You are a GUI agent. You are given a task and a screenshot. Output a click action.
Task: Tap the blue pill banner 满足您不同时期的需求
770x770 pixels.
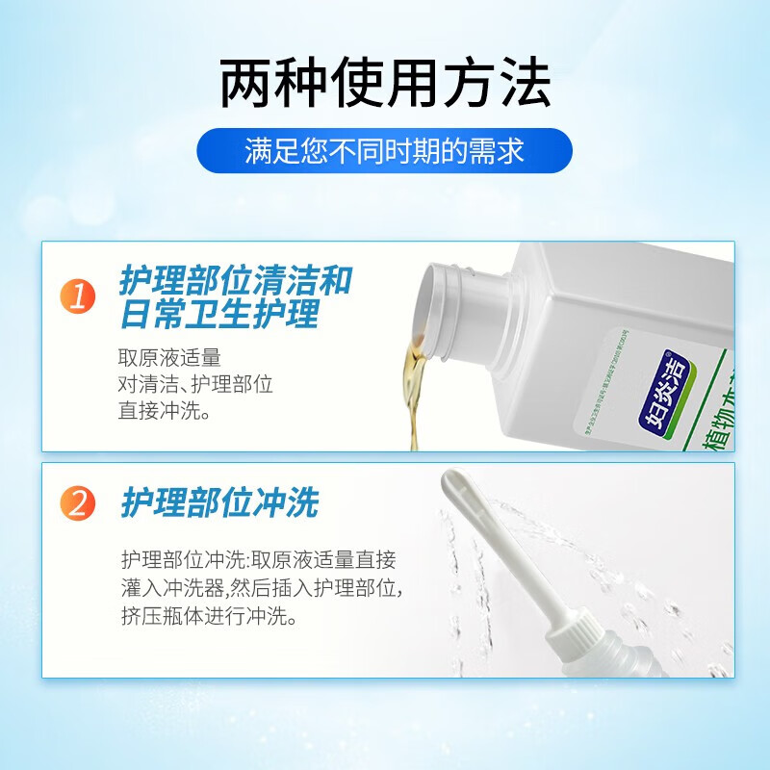[385, 151]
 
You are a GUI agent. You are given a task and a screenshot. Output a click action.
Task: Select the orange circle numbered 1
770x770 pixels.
[79, 296]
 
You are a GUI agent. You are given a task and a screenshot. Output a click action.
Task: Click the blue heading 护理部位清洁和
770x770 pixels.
[236, 281]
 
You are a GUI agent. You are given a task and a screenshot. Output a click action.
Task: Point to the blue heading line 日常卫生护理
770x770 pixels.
[219, 315]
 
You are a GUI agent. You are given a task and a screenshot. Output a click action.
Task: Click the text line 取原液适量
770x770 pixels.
[169, 358]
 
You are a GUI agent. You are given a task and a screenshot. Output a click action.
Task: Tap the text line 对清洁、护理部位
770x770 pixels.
[196, 384]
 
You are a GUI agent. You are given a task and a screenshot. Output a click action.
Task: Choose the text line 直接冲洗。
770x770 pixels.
[164, 410]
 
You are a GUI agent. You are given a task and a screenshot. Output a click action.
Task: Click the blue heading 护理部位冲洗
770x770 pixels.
[219, 502]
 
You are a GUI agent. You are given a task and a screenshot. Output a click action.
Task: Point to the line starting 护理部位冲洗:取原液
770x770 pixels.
[259, 560]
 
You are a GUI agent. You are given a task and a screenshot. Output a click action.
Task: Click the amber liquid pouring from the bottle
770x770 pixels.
[414, 385]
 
